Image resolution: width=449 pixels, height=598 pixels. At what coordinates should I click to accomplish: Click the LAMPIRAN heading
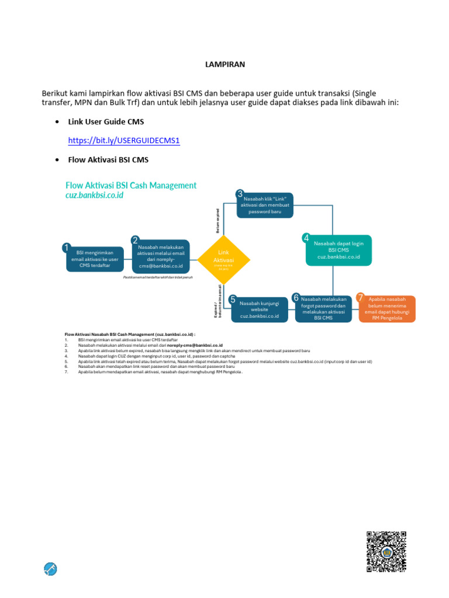pyautogui.click(x=224, y=65)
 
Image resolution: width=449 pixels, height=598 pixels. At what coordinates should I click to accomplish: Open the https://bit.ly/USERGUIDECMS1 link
pyautogui.click(x=124, y=141)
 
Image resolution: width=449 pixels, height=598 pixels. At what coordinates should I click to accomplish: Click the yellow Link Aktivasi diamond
pyautogui.click(x=224, y=260)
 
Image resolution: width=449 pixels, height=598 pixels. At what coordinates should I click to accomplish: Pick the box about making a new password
pyautogui.click(x=265, y=205)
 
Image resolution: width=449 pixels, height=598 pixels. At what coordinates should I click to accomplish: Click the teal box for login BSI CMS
pyautogui.click(x=339, y=251)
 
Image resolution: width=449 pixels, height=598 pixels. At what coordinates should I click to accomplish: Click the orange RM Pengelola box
pyautogui.click(x=387, y=310)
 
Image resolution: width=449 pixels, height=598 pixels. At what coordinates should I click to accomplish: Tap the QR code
pyautogui.click(x=386, y=552)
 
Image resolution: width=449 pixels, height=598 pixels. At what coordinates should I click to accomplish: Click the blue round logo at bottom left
pyautogui.click(x=50, y=569)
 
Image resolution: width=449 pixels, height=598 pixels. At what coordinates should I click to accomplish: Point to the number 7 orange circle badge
pyautogui.click(x=361, y=297)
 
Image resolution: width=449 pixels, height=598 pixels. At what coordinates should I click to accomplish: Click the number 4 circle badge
pyautogui.click(x=306, y=238)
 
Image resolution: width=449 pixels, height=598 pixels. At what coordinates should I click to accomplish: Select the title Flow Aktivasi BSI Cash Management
pyautogui.click(x=131, y=186)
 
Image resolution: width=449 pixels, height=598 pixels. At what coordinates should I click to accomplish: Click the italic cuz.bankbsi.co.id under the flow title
pyautogui.click(x=95, y=196)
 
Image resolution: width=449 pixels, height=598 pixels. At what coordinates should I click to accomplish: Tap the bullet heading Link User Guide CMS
pyautogui.click(x=106, y=121)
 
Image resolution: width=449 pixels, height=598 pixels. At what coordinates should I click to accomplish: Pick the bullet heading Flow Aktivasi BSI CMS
pyautogui.click(x=108, y=159)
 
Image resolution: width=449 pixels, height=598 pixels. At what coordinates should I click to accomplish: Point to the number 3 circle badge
pyautogui.click(x=240, y=194)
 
